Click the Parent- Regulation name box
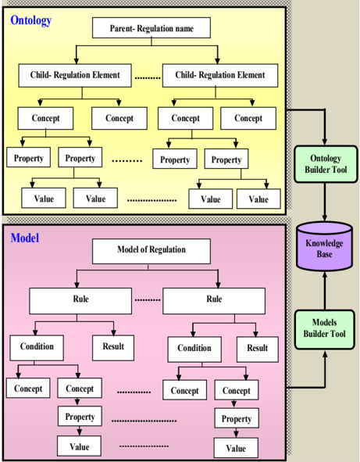pos(151,27)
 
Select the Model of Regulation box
pos(151,251)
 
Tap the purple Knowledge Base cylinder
pos(324,246)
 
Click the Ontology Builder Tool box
pos(326,164)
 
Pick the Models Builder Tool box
pos(324,329)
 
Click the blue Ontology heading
pos(31,20)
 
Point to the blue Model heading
pos(25,238)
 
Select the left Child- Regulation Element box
pos(75,75)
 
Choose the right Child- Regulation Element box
pos(220,75)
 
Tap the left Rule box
pos(80,301)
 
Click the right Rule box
pos(214,301)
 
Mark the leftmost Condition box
pos(37,348)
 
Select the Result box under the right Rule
pos(258,349)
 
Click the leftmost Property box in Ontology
pos(29,157)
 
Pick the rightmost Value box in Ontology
pos(258,199)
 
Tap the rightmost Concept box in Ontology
pos(248,118)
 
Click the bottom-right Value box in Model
pos(236,448)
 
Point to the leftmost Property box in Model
pos(80,416)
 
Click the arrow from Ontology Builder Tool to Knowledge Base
pos(325,202)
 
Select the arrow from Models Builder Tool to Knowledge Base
pos(325,290)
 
